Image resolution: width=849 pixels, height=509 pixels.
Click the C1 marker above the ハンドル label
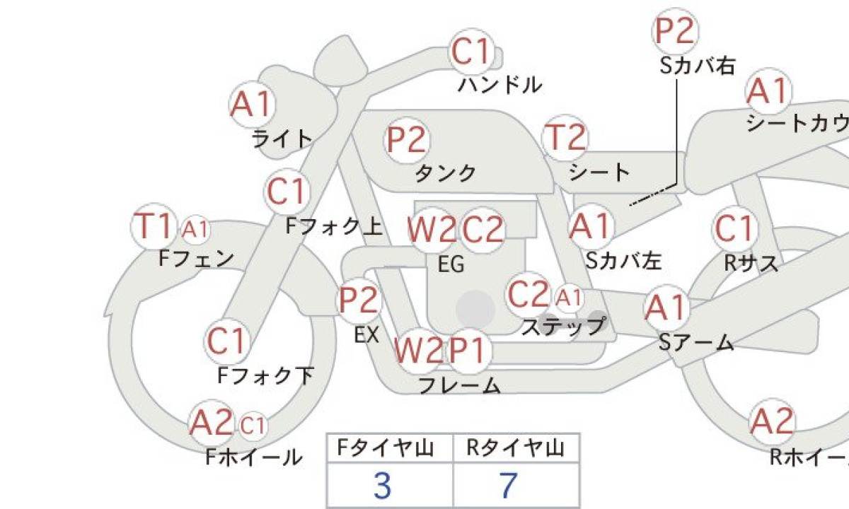(x=471, y=52)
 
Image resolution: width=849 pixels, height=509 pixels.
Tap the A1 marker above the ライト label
(x=253, y=104)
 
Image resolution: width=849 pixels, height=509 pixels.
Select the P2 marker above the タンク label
(x=407, y=140)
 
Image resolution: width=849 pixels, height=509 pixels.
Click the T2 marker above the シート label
(x=565, y=137)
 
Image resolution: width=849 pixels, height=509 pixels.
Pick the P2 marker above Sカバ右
(x=675, y=30)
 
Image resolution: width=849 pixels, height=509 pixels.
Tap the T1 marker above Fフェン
(x=154, y=226)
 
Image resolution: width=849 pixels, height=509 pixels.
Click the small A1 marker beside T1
(x=195, y=229)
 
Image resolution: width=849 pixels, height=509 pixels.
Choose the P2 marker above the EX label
(x=359, y=300)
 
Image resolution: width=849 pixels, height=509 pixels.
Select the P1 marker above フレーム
(x=468, y=351)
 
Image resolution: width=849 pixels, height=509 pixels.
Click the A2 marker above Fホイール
(x=212, y=423)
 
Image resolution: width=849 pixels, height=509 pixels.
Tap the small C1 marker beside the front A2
(x=253, y=426)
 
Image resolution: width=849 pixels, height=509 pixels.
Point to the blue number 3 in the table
(x=382, y=486)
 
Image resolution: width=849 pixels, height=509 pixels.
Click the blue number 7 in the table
(x=509, y=486)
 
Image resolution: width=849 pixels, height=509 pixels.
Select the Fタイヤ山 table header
(x=386, y=448)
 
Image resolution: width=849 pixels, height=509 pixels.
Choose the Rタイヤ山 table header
(x=515, y=448)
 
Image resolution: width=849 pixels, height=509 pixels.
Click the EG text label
(x=451, y=264)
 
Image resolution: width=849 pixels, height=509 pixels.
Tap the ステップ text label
(x=563, y=327)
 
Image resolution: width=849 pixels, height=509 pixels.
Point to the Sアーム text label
(x=696, y=342)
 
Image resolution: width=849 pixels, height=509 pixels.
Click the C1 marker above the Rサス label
(x=735, y=229)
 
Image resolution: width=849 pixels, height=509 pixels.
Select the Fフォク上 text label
(x=333, y=226)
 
